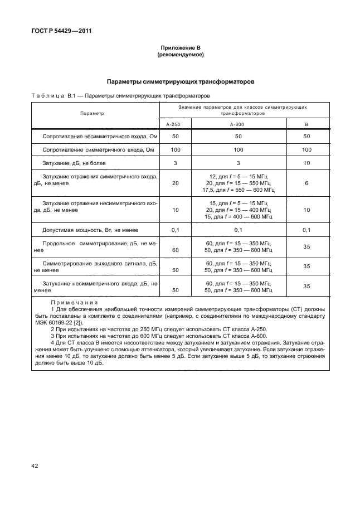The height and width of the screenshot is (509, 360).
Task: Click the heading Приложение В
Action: [x=180, y=49]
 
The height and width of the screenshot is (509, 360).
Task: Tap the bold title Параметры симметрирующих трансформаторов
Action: [x=180, y=81]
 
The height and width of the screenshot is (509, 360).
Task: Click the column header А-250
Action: [x=176, y=124]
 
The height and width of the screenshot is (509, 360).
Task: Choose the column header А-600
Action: [x=238, y=124]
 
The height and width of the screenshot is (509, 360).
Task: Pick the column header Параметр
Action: [x=92, y=113]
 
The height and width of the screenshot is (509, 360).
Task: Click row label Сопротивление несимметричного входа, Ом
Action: [x=95, y=136]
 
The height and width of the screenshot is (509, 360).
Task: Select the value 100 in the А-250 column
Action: [x=176, y=149]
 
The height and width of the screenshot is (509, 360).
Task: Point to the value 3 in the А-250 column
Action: [x=176, y=163]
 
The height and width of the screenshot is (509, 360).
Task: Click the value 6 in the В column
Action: [x=306, y=183]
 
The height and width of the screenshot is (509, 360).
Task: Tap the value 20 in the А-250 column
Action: [x=176, y=183]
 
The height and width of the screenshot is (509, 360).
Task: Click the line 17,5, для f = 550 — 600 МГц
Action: [x=238, y=190]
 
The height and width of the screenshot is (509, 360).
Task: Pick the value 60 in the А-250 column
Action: [x=176, y=250]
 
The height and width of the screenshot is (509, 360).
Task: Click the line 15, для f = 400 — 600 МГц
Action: [x=238, y=216]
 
